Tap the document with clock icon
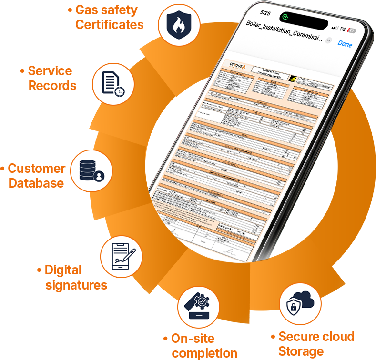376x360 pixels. (113, 84)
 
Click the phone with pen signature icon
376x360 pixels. (122, 258)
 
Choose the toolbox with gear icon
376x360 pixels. (198, 306)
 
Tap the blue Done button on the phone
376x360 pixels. (345, 44)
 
